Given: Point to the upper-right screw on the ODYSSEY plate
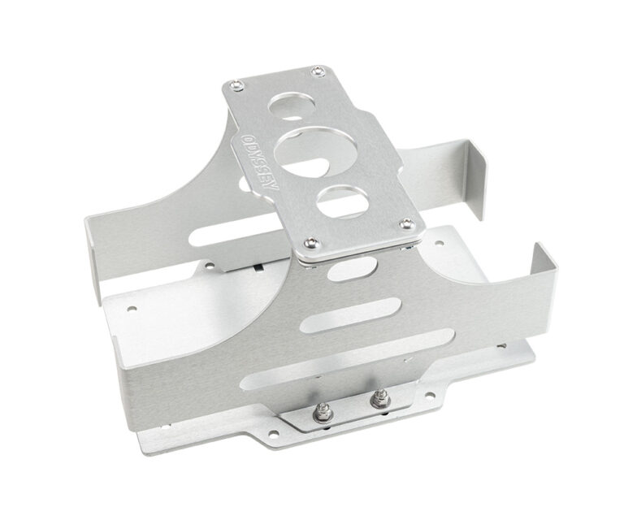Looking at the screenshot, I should pyautogui.click(x=318, y=71).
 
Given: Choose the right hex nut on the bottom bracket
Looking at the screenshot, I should pyautogui.click(x=377, y=399).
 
